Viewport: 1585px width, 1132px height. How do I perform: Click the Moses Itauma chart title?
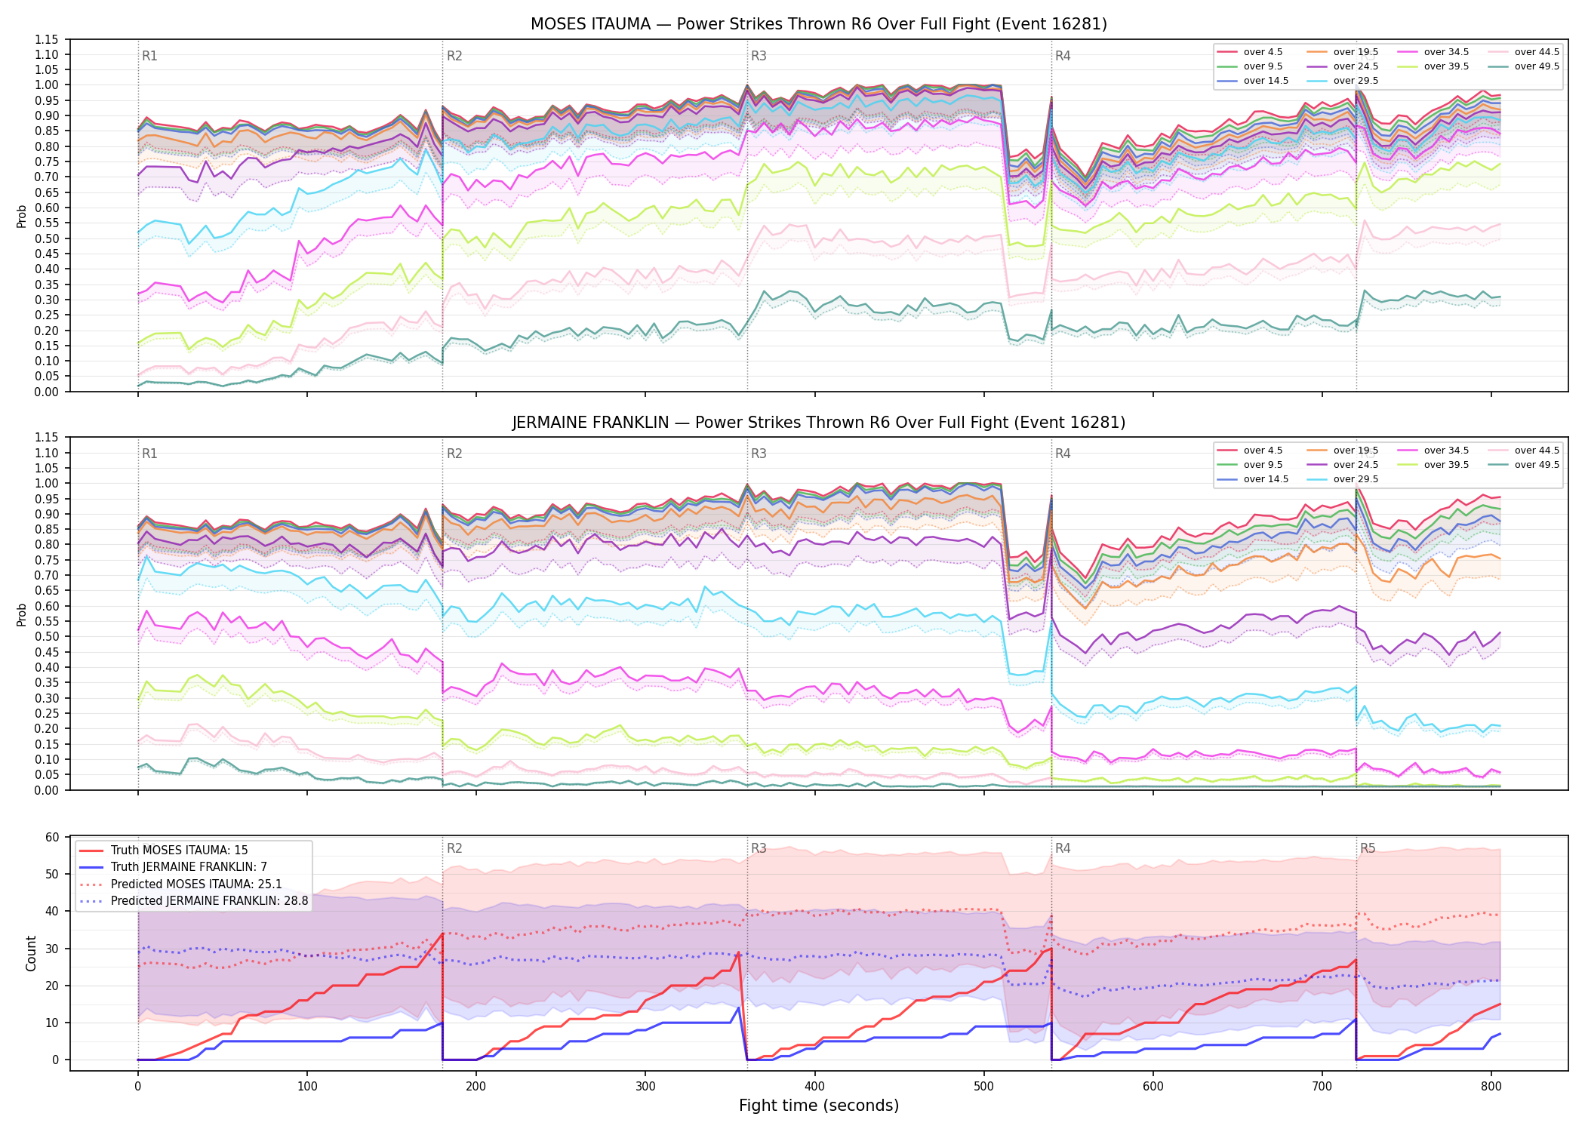click(x=819, y=24)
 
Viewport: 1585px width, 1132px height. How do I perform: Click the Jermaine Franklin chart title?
click(x=819, y=423)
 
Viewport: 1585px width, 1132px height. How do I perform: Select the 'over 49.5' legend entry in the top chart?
click(x=1525, y=66)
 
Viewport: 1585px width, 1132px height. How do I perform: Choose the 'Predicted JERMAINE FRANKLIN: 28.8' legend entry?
click(x=194, y=901)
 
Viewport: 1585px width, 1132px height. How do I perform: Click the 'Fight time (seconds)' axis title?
click(x=819, y=1106)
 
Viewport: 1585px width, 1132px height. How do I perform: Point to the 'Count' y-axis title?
click(x=31, y=953)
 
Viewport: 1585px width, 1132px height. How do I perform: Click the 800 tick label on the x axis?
click(x=1491, y=1087)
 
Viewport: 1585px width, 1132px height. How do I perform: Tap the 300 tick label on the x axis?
click(x=645, y=1087)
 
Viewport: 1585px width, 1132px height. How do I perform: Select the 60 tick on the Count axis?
click(x=52, y=837)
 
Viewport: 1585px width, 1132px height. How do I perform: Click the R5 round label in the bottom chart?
click(x=1368, y=848)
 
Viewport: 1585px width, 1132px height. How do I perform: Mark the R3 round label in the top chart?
click(x=759, y=56)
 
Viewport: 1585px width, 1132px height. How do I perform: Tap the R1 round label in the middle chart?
click(x=149, y=454)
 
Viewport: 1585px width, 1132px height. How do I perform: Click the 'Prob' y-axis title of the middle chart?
click(x=22, y=614)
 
